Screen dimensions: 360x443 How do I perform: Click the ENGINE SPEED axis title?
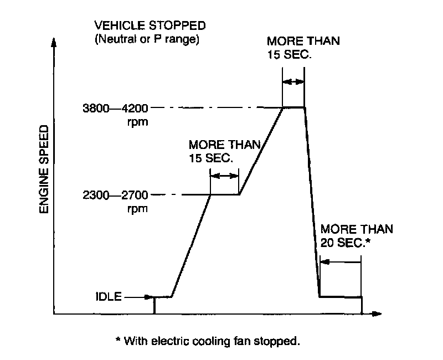coord(45,169)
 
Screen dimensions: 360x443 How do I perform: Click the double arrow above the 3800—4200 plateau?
coord(293,81)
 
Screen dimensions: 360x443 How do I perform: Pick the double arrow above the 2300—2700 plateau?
coord(224,176)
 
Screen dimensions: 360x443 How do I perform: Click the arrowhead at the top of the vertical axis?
coord(54,42)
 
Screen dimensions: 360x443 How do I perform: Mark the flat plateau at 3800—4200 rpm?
coord(294,107)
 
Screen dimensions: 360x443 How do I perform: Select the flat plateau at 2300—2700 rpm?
coord(224,194)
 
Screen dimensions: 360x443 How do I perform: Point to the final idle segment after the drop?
coord(341,297)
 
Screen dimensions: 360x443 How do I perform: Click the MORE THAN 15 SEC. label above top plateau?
coord(302,49)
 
